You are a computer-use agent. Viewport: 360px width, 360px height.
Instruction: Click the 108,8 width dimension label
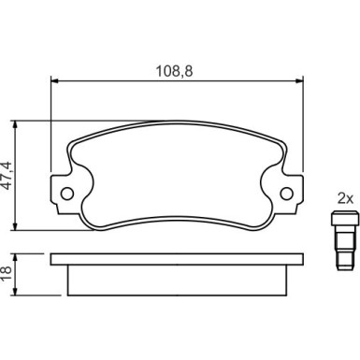[174, 71]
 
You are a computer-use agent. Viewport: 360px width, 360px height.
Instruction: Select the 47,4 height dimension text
[7, 176]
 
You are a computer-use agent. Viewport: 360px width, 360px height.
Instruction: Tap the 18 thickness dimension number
[6, 275]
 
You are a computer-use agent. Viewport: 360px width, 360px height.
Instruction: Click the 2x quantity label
[345, 198]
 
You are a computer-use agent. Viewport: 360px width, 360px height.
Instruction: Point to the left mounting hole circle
[67, 194]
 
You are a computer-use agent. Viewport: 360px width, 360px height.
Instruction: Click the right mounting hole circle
[287, 194]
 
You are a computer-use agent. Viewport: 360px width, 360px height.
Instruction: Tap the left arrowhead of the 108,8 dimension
[54, 81]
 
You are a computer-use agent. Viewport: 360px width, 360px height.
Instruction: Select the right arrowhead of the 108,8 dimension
[299, 81]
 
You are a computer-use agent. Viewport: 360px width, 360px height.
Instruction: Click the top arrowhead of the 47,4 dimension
[14, 124]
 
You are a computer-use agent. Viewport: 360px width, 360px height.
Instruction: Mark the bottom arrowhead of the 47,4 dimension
[14, 226]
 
